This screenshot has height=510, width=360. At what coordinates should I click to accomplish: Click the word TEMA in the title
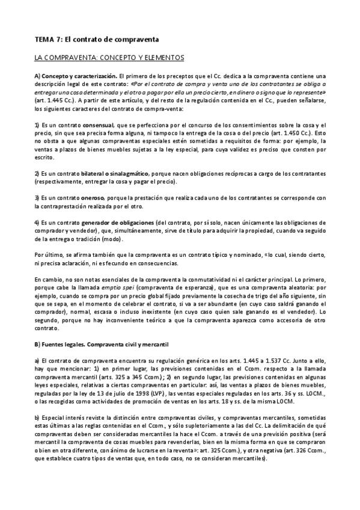[44, 39]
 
